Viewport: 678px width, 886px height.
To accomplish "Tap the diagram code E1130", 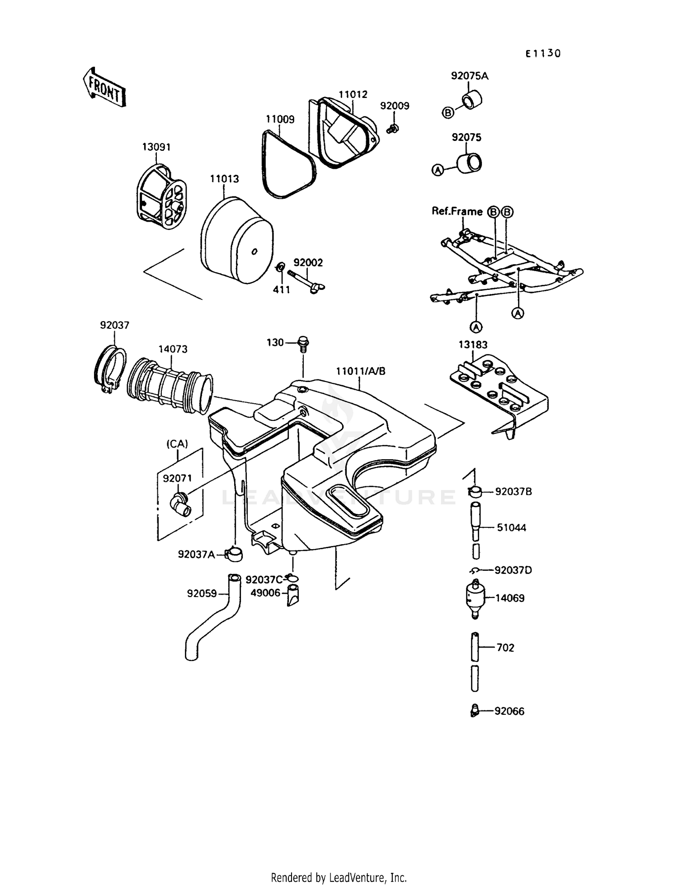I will click(542, 53).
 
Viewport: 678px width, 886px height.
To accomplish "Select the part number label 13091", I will click(156, 147).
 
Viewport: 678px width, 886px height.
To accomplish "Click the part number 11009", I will click(280, 119).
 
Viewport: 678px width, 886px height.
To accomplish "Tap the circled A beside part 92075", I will click(438, 170).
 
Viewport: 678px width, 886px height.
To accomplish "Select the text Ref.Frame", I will click(457, 211).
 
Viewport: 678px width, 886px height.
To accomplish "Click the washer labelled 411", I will click(280, 266).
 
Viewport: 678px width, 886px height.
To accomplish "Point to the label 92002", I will click(308, 263).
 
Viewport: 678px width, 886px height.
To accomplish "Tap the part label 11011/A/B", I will click(361, 371).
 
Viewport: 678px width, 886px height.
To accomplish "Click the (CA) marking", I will click(177, 444).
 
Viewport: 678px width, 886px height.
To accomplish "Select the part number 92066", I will click(509, 711).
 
